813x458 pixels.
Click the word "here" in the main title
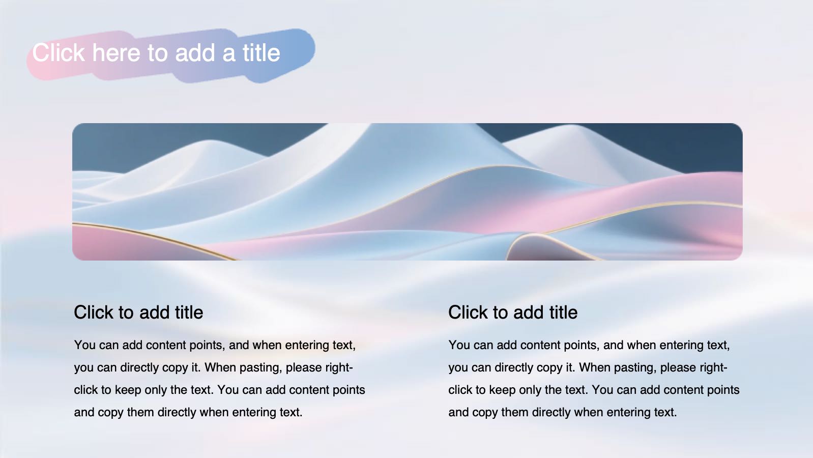[x=116, y=53]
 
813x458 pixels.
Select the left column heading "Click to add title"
[x=138, y=312]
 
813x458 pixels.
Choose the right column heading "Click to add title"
[x=513, y=312]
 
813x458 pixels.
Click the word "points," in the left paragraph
[x=207, y=345]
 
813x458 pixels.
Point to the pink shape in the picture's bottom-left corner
[x=120, y=244]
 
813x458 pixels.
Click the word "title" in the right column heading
[x=563, y=312]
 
